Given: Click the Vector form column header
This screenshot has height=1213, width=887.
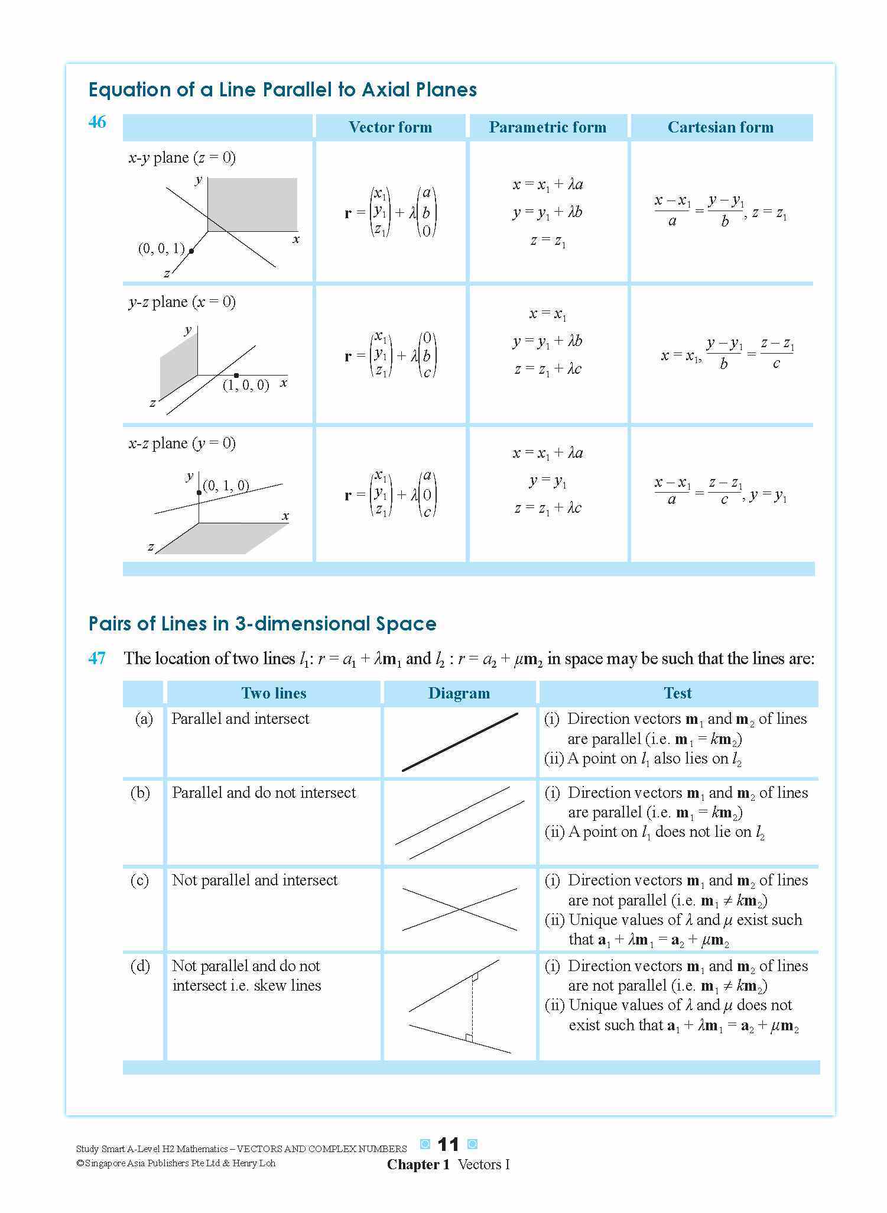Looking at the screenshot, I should click(x=390, y=127).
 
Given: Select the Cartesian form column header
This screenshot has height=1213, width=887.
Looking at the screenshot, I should click(x=720, y=127).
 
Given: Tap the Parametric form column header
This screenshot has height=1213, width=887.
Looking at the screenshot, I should click(x=547, y=127).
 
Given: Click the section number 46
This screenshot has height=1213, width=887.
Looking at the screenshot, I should click(x=97, y=122).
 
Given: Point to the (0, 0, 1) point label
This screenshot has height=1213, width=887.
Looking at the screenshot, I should click(x=161, y=249).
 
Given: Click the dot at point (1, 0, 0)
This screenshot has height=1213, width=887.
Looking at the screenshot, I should click(x=236, y=376).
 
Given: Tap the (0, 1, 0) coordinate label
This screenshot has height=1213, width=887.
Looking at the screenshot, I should click(x=226, y=486).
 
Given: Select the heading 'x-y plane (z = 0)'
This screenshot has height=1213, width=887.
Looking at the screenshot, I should click(x=181, y=158).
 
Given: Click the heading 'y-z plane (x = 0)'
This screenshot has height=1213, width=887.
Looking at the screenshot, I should click(x=181, y=302).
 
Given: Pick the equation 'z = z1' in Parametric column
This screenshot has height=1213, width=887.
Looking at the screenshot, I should click(x=548, y=241).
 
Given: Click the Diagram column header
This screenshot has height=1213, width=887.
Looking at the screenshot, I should click(x=459, y=693).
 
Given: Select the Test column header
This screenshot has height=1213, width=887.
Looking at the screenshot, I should click(x=677, y=693).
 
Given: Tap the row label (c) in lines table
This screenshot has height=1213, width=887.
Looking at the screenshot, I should click(x=139, y=881).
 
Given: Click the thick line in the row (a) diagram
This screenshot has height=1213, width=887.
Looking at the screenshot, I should click(x=460, y=742).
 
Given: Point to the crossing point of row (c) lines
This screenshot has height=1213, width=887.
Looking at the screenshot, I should click(x=460, y=909).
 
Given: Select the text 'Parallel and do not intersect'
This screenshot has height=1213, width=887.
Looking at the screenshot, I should click(x=264, y=793).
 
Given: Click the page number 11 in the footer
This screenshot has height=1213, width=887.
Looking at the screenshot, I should click(x=448, y=1145).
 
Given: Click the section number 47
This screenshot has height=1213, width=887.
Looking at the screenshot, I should click(x=97, y=658).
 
